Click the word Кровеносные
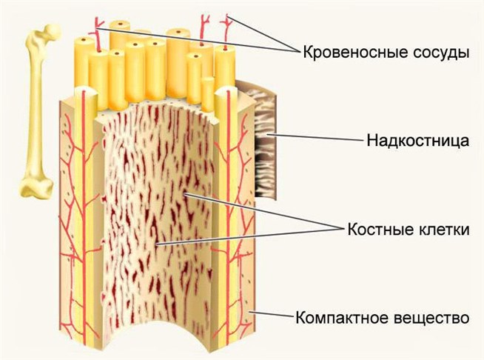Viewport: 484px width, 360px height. tap(347, 53)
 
